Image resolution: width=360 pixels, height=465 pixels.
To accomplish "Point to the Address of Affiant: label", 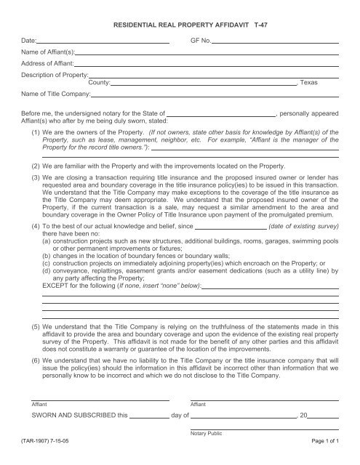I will tap(48, 65).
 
